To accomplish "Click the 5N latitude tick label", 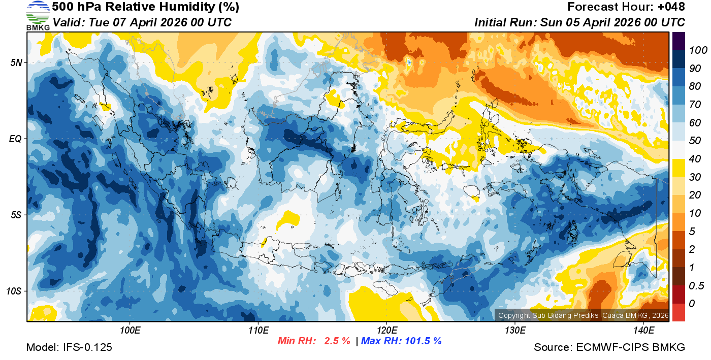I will click(x=16, y=62).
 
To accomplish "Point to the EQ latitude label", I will click(x=15, y=139).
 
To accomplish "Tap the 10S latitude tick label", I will click(x=14, y=291).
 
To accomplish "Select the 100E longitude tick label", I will click(x=130, y=331).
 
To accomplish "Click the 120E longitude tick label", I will click(x=386, y=331).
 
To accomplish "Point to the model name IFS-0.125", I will click(x=87, y=347).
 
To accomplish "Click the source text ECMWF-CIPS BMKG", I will click(x=631, y=347).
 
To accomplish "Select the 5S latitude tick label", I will click(x=15, y=215).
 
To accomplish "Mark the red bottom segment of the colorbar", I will click(x=678, y=312).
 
